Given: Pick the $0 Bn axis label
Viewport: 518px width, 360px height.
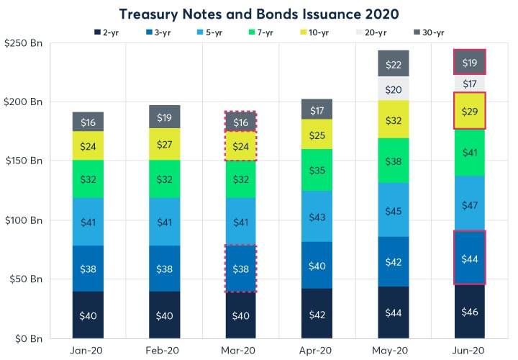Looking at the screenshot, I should coord(27,338).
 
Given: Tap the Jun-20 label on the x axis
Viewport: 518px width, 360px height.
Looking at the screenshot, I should coord(469,349).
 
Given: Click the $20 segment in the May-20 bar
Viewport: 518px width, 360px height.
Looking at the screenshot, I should coord(394,89).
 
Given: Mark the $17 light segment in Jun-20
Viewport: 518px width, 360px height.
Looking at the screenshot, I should coord(469,84).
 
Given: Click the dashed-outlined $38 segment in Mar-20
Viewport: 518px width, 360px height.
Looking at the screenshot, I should coord(241,268).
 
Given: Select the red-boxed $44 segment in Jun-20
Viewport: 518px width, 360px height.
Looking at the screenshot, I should coord(469,258).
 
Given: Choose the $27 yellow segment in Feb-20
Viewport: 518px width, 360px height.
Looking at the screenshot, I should coord(165,144).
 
